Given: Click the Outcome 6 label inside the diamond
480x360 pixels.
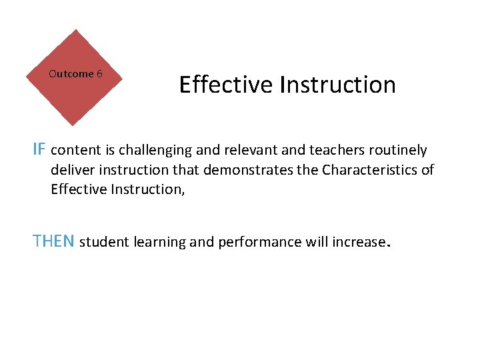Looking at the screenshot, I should [75, 74].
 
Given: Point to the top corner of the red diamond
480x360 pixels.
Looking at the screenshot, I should [75, 30].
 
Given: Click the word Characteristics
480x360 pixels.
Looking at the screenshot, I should [370, 169].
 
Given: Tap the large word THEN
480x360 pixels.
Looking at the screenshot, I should [54, 241].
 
